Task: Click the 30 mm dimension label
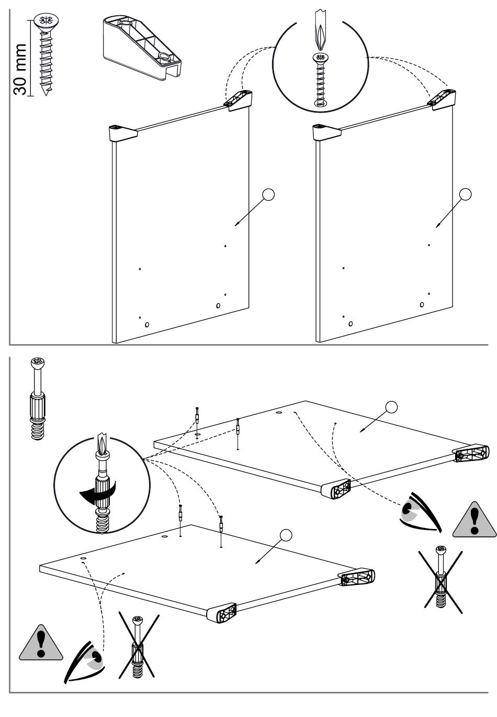[20, 69]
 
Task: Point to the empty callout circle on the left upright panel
[268, 194]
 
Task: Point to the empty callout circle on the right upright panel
[465, 194]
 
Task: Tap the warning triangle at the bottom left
[40, 643]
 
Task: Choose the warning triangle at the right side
[474, 520]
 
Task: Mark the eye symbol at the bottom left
[86, 661]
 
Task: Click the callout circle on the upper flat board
[391, 407]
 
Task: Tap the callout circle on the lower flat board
[286, 535]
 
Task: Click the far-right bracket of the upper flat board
[472, 453]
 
